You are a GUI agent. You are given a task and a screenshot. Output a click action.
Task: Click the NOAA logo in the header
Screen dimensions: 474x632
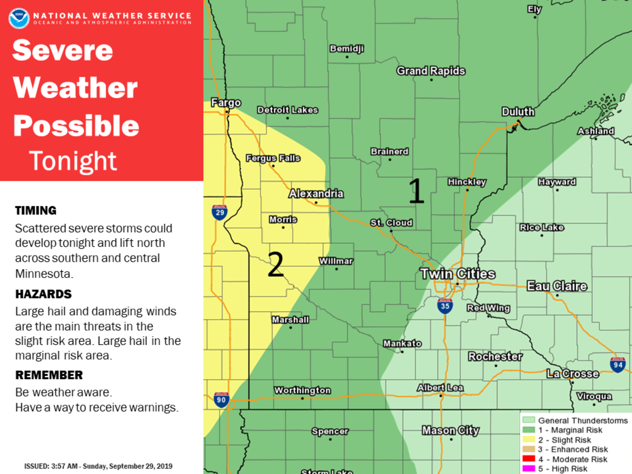click(x=18, y=18)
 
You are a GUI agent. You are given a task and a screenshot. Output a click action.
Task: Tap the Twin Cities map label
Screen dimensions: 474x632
click(x=457, y=274)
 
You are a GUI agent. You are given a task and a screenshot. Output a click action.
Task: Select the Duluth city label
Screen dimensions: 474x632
click(x=518, y=112)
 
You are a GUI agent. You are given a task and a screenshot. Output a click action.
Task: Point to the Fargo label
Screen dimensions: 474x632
click(x=226, y=103)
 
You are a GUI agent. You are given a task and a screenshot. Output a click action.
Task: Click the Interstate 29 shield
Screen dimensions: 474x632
click(x=220, y=212)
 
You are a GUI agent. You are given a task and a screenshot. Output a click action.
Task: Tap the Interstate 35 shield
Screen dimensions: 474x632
click(x=445, y=306)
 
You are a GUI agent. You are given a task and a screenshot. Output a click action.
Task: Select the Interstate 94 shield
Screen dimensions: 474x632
click(x=618, y=364)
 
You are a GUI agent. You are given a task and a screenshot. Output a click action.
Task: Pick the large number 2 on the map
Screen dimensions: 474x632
click(x=276, y=264)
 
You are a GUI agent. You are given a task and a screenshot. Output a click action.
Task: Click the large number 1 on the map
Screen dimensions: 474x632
click(x=416, y=191)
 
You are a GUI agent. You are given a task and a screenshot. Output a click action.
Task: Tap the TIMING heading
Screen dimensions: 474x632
click(x=36, y=211)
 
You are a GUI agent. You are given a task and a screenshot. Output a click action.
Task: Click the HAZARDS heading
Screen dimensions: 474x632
click(x=43, y=294)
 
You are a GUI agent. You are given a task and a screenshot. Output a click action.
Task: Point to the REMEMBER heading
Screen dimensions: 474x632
click(x=49, y=375)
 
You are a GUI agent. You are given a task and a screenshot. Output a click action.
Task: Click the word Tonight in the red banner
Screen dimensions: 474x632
click(x=73, y=161)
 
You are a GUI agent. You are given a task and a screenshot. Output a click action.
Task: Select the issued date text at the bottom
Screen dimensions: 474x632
click(x=98, y=467)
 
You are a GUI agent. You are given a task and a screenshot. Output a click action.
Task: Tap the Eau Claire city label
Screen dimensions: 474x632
click(x=557, y=287)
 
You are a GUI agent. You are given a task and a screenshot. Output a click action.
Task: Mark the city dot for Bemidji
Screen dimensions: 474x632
click(x=347, y=57)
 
